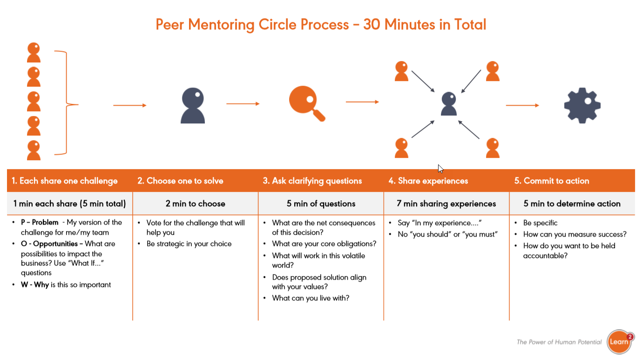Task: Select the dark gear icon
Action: click(x=582, y=105)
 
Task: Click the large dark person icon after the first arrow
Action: click(x=193, y=106)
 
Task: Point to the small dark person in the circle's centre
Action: click(x=449, y=104)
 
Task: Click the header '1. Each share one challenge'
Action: click(x=65, y=181)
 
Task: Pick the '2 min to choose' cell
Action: click(x=196, y=204)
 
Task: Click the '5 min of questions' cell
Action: click(x=321, y=204)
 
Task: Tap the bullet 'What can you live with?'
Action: click(x=311, y=298)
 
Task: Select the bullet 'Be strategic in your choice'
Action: click(x=189, y=244)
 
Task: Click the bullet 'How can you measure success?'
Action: click(x=574, y=234)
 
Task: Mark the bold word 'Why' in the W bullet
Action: click(x=41, y=285)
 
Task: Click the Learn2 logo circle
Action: click(x=620, y=342)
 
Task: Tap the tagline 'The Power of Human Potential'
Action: click(x=559, y=342)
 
